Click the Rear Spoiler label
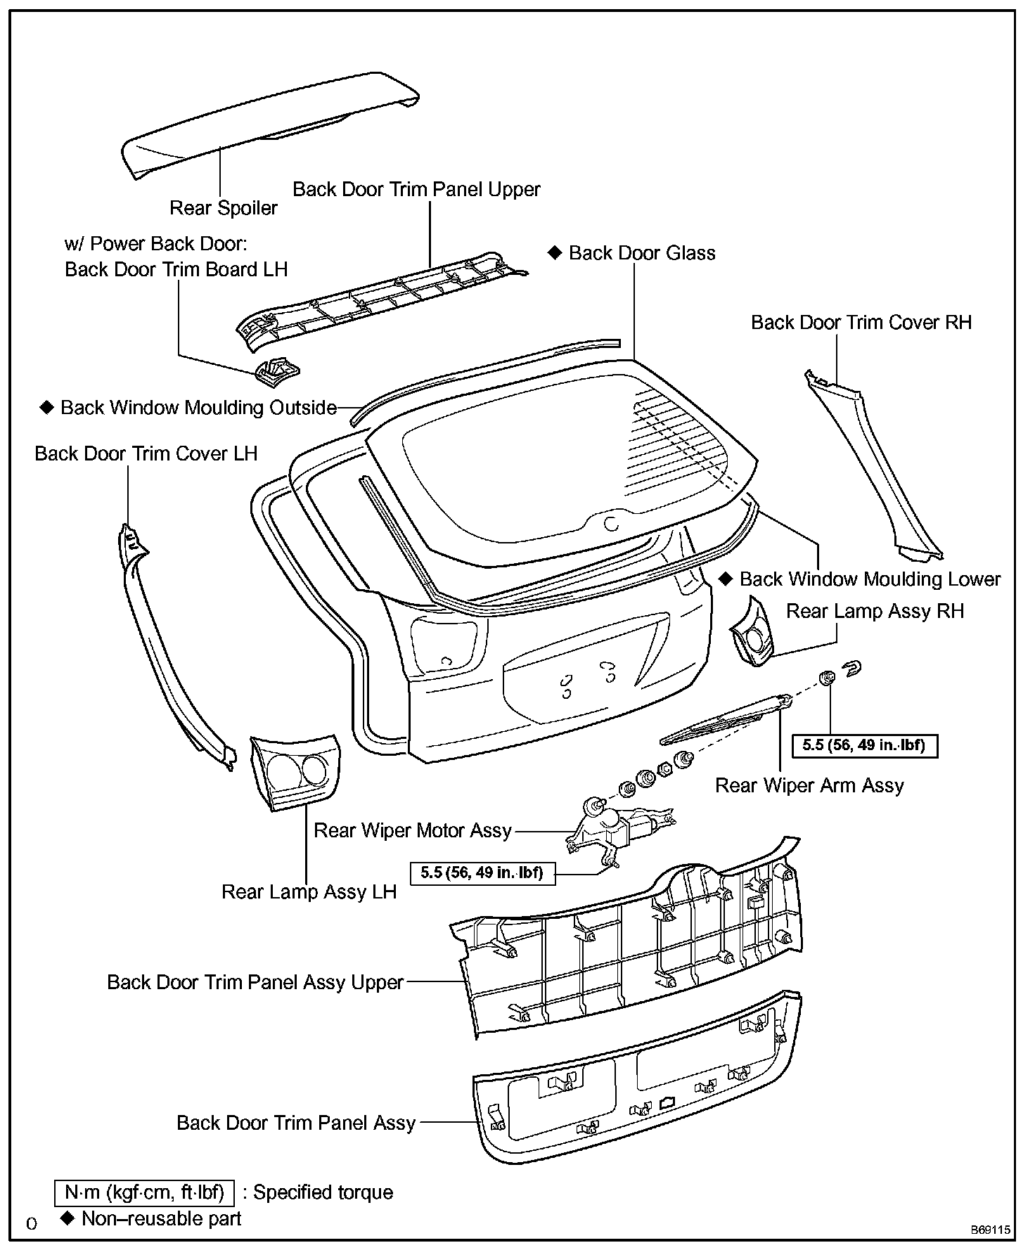pos(224,208)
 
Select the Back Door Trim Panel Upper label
pos(416,189)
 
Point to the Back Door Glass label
pos(641,253)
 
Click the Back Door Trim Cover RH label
pos(861,323)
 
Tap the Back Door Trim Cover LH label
pos(146,454)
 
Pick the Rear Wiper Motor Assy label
pos(413,830)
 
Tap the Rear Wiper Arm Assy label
pos(809,785)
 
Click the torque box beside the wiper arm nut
pos(863,745)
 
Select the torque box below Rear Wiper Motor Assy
pos(482,872)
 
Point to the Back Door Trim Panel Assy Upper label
pos(255,982)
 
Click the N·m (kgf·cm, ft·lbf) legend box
pos(144,1192)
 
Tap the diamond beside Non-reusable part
pos(67,1218)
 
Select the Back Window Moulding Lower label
pos(869,579)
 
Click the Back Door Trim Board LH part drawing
pos(276,370)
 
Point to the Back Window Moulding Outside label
pos(198,408)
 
